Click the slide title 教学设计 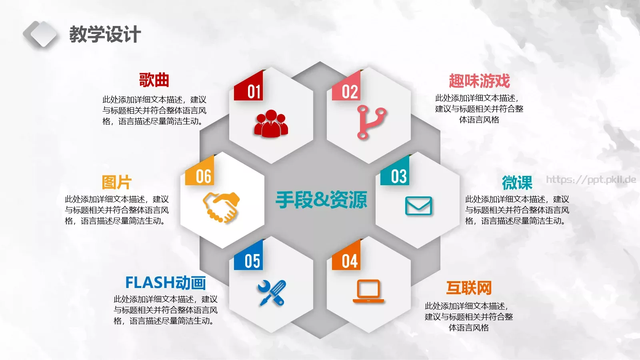tap(105, 34)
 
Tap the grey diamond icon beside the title tap(40, 34)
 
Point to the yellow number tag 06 tap(202, 174)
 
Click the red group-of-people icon tap(271, 124)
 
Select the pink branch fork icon tap(370, 122)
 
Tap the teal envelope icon tap(418, 206)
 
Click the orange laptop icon tap(368, 291)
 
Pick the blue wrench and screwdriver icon tap(272, 293)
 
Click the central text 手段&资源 tap(321, 200)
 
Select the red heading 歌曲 tap(154, 80)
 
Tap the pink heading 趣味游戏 tap(479, 81)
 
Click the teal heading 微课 tap(517, 182)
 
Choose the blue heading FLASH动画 tap(166, 282)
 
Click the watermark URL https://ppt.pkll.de tap(591, 180)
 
